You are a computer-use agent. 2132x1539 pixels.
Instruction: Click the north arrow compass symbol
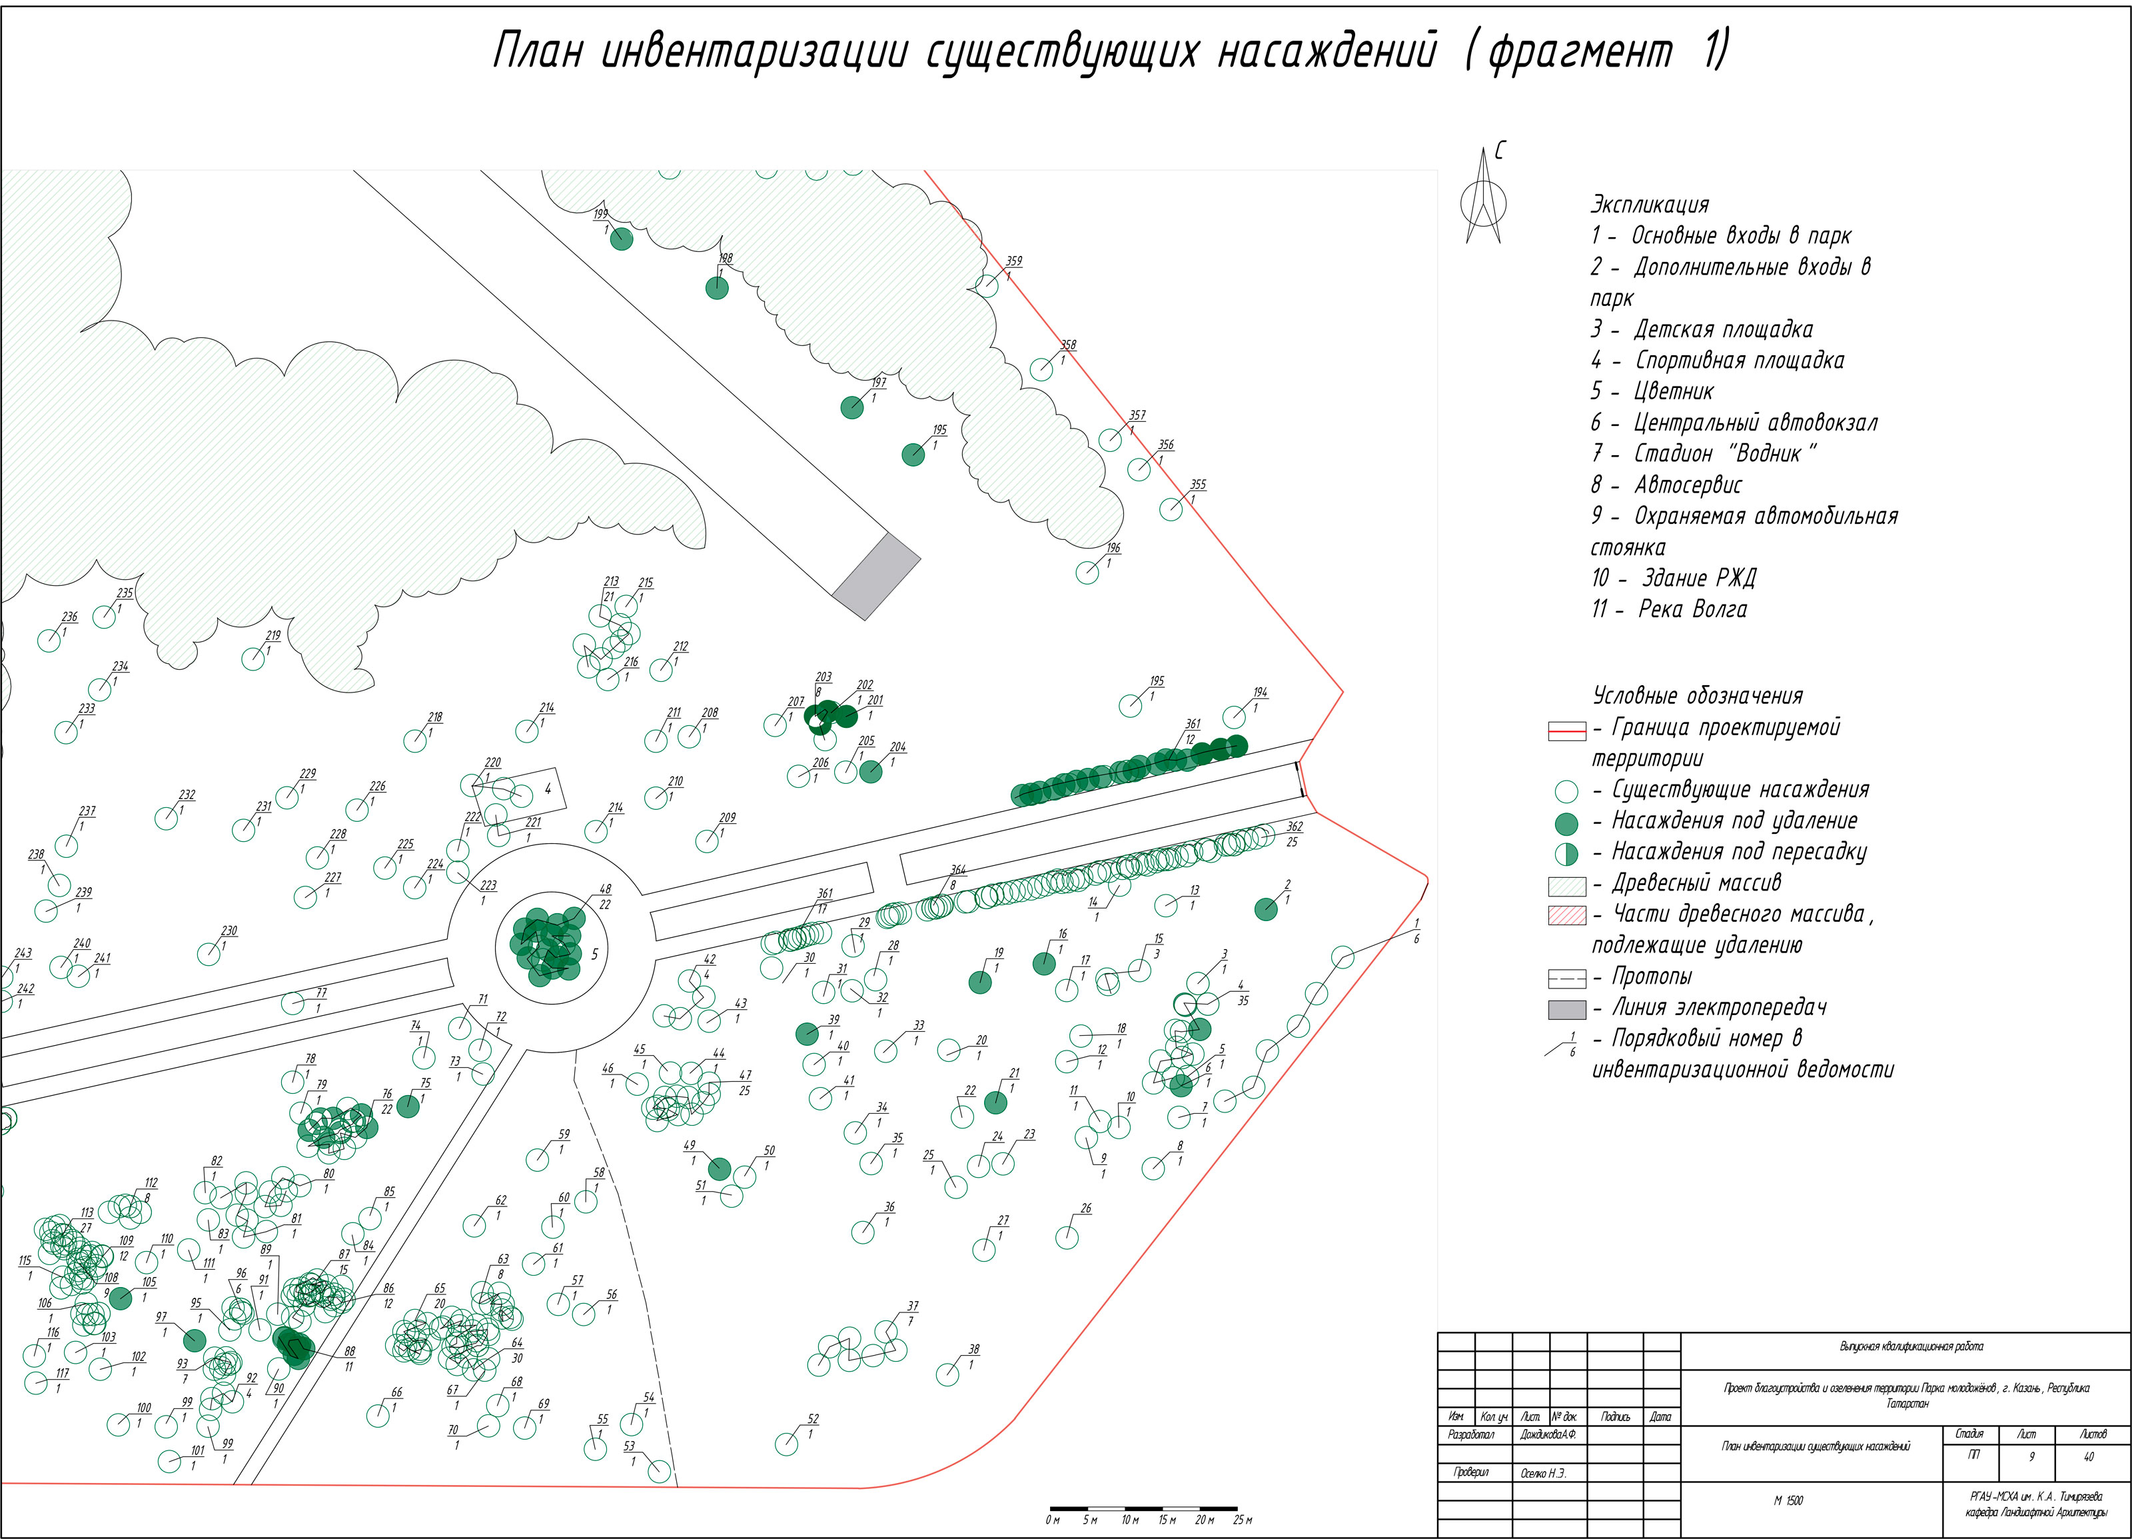click(x=1482, y=199)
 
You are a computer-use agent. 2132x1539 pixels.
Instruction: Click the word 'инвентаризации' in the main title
click(x=754, y=52)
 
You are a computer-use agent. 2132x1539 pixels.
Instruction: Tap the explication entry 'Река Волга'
click(x=1692, y=609)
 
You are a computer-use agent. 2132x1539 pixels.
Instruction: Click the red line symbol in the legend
click(x=1566, y=731)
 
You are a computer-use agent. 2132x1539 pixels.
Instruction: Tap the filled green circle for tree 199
click(x=622, y=239)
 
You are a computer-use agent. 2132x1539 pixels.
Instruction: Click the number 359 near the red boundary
click(x=1013, y=261)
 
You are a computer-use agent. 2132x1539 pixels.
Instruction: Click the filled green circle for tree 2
click(x=1267, y=908)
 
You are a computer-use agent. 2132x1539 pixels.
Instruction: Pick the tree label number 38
click(x=974, y=1349)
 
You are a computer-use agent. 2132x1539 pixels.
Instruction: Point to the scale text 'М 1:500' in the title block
click(x=1788, y=1500)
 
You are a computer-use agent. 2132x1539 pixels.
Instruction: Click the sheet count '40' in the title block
click(x=2089, y=1457)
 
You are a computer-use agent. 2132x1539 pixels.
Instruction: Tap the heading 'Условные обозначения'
click(x=1698, y=696)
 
